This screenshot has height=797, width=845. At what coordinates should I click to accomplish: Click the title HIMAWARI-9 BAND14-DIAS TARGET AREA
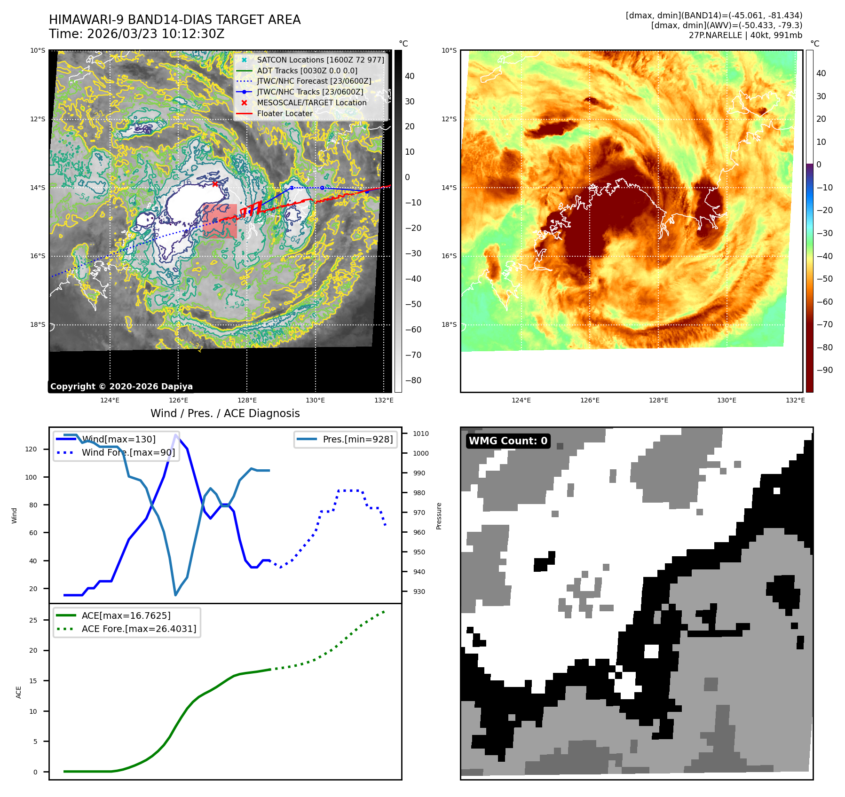click(174, 20)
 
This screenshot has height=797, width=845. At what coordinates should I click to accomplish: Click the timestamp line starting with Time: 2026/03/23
click(136, 34)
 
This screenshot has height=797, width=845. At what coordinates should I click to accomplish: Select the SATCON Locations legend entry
click(320, 60)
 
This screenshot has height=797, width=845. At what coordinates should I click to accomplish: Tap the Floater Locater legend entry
click(284, 113)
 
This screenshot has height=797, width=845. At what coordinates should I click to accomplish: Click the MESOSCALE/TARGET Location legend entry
click(311, 103)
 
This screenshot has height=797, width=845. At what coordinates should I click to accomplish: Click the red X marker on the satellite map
click(215, 184)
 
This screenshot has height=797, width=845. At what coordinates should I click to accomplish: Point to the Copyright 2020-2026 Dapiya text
click(121, 387)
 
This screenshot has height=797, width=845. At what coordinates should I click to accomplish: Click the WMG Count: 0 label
click(508, 441)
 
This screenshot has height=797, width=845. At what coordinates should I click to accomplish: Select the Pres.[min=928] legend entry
click(357, 439)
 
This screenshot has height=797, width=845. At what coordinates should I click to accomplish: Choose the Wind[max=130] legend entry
click(118, 439)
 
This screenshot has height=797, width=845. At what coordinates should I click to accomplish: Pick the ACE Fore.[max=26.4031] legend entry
click(139, 629)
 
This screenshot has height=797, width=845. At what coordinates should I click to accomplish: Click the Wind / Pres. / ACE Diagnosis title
click(225, 413)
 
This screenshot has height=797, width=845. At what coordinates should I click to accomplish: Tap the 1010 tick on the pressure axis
click(421, 434)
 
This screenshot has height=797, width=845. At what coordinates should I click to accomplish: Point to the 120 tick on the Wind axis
click(31, 449)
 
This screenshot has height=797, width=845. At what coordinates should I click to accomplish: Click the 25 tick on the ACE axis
click(33, 620)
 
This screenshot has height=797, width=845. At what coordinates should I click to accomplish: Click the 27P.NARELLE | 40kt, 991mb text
click(745, 35)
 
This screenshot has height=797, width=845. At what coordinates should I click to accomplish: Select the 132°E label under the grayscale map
click(384, 400)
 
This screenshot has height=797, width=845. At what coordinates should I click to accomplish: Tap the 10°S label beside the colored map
click(449, 50)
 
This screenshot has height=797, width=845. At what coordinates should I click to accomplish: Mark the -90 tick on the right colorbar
click(824, 370)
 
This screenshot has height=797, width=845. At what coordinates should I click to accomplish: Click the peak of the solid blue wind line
click(176, 434)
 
